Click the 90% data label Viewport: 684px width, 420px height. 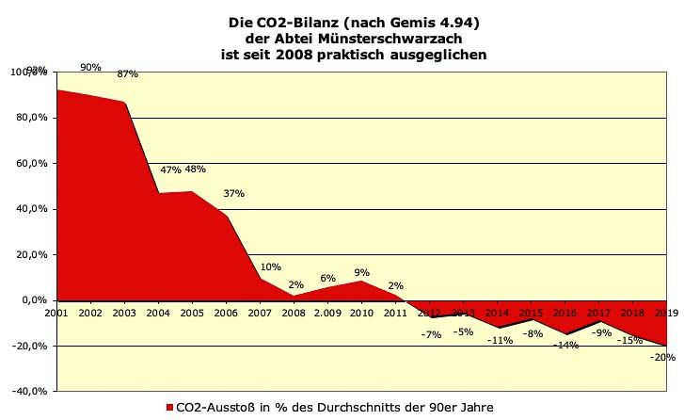[91, 68]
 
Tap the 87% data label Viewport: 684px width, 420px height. [127, 74]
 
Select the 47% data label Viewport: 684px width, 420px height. [170, 170]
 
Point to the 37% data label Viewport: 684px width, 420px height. [233, 194]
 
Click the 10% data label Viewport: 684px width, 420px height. [271, 267]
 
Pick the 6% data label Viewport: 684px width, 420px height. [327, 279]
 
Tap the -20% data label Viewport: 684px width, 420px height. [663, 357]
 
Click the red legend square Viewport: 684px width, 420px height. [169, 408]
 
